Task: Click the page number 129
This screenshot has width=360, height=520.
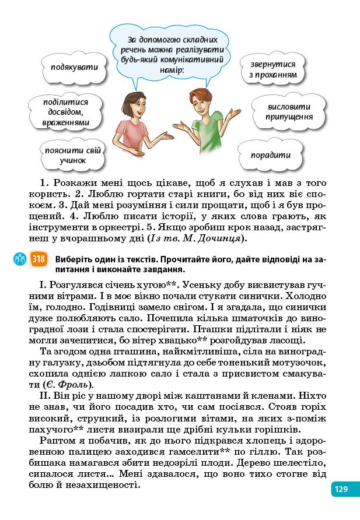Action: [x=342, y=489]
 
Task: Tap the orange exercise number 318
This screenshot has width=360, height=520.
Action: [x=39, y=259]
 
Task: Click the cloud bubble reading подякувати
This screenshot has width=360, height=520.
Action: [x=74, y=67]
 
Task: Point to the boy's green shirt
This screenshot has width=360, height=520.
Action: [x=207, y=135]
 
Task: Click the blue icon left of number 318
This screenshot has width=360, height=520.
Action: [x=19, y=259]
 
